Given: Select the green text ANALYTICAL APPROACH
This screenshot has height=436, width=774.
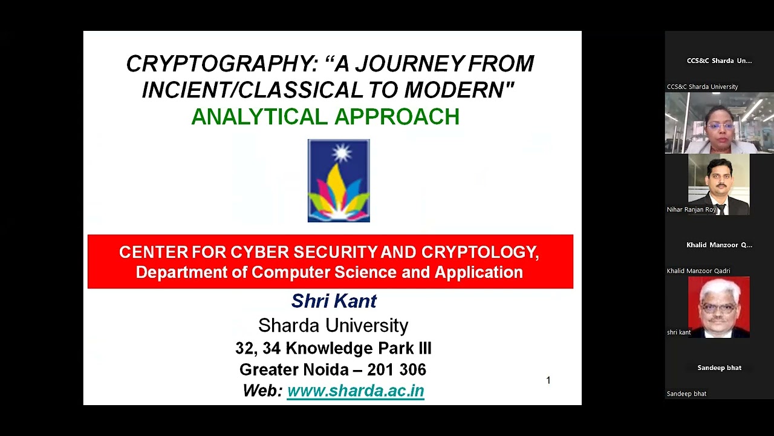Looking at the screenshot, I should (325, 117).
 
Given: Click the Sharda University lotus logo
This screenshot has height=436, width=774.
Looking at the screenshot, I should (339, 181).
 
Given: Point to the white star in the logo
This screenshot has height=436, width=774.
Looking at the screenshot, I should (342, 153).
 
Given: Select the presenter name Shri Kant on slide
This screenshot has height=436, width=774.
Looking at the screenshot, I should (334, 301).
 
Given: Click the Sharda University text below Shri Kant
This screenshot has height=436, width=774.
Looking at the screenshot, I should (333, 326).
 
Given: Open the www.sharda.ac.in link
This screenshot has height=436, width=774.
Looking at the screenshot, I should (356, 391).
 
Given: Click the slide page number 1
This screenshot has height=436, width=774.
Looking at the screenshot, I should (548, 380).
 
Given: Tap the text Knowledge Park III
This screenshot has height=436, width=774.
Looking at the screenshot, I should (359, 348).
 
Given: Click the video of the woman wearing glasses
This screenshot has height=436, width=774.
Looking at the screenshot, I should (719, 123).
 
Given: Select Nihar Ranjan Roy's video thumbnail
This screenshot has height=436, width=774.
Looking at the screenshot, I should (718, 183).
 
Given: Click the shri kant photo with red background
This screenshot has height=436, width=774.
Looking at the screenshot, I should (718, 306).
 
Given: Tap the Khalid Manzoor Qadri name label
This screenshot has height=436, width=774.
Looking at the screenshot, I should (698, 271).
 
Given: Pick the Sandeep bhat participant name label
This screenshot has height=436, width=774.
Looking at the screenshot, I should (686, 394).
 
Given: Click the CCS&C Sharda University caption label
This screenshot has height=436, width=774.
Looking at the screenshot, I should (702, 87).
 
